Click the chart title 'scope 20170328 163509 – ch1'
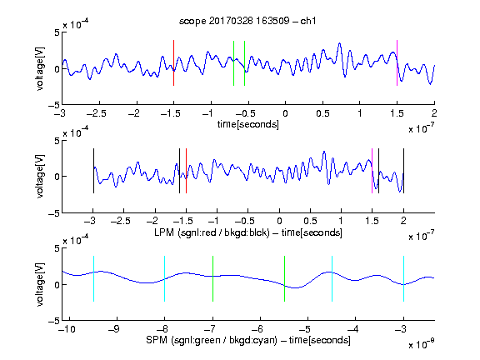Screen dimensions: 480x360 [x=247, y=21]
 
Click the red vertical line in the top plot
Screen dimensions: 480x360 [x=173, y=62]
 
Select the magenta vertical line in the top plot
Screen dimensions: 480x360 [x=397, y=62]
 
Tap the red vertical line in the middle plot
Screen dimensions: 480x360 [x=186, y=171]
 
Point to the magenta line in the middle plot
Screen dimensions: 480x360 [x=372, y=171]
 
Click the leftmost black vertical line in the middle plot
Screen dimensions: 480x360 [x=93, y=171]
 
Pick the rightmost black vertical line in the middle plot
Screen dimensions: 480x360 [x=403, y=171]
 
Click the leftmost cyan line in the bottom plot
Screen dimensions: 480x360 [x=93, y=278]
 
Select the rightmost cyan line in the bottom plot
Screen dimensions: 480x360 [x=403, y=278]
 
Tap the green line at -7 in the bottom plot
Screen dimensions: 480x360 [x=212, y=278]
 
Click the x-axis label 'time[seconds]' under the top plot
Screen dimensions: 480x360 [x=248, y=124]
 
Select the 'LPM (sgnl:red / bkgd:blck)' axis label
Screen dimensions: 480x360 [x=212, y=232]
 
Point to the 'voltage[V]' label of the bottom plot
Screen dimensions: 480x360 [x=40, y=284]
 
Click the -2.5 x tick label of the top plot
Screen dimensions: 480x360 [x=97, y=113]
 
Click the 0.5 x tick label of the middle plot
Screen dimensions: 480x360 [x=310, y=221]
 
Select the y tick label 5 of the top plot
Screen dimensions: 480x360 [x=57, y=32]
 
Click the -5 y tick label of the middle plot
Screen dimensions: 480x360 [x=54, y=213]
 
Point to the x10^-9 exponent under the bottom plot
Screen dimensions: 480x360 [x=422, y=344]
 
